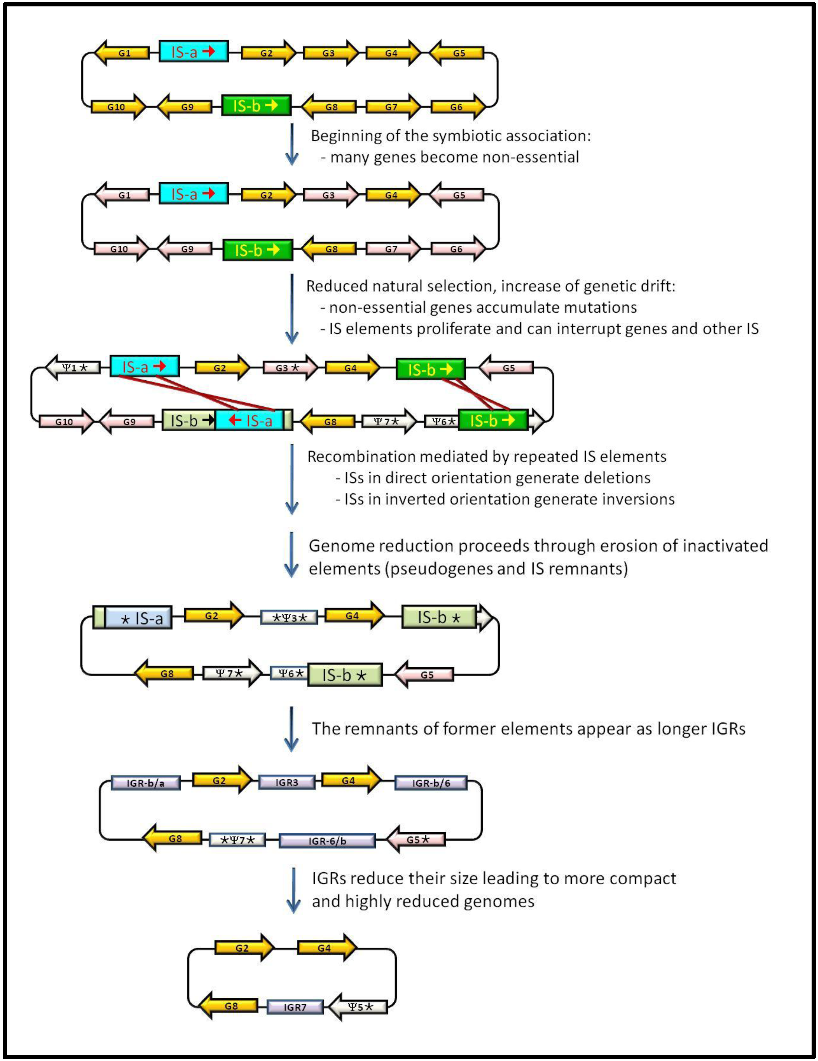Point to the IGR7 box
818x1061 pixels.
295,1007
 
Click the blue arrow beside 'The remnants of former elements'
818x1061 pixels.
292,729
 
